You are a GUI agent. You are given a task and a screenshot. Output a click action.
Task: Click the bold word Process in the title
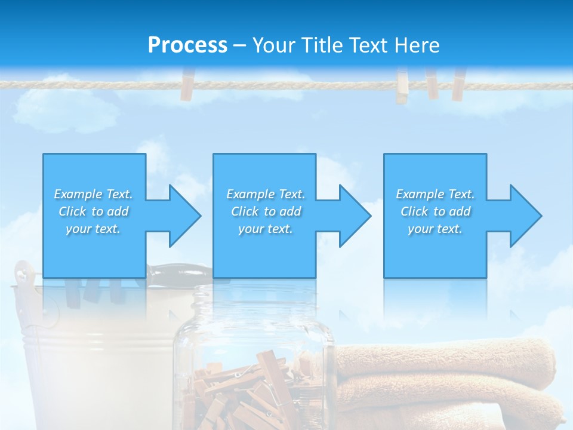187,45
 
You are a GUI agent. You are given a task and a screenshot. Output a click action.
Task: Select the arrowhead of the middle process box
354,216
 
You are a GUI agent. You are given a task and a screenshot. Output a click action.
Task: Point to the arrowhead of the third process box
525,216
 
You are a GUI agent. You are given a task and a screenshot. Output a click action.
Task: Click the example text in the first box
93,211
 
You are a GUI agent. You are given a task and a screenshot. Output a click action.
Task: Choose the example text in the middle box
266,211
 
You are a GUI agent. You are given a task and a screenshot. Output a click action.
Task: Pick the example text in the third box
435,211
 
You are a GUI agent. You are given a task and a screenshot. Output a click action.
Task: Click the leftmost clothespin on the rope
187,85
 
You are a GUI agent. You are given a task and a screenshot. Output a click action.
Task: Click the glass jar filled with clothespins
254,364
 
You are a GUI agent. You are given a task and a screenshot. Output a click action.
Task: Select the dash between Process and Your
239,46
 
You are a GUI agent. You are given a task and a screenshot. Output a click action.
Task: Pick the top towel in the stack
448,358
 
